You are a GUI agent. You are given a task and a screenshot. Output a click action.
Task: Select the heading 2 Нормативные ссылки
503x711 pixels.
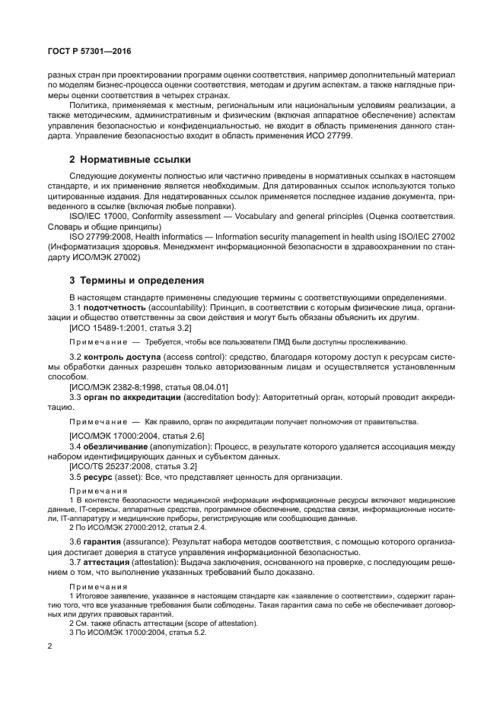[x=130, y=160]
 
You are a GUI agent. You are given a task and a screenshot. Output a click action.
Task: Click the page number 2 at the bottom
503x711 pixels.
[x=49, y=646]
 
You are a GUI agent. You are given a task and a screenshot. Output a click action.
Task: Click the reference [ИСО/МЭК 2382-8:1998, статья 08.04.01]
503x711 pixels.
[x=148, y=387]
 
